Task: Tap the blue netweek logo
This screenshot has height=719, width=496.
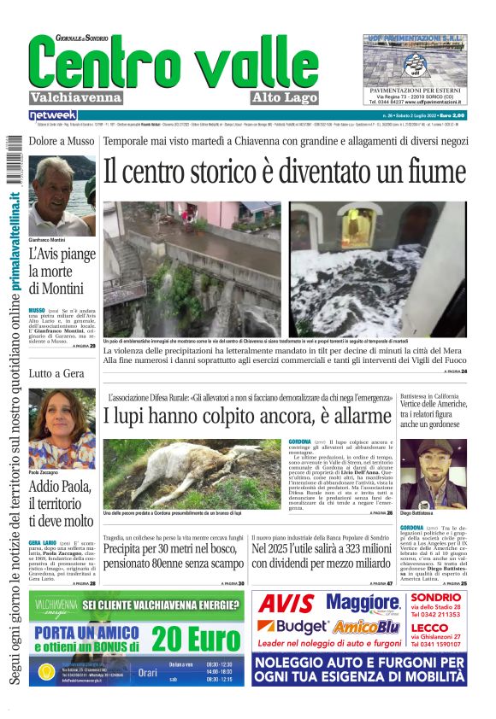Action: point(52,114)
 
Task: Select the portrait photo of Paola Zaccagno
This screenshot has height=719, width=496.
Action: point(62,427)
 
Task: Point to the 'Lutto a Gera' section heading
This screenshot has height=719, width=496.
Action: point(56,373)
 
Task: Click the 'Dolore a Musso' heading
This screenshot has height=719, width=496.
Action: point(61,141)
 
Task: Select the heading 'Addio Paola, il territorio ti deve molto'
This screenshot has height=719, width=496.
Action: point(62,503)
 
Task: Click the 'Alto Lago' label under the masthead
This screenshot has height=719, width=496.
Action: point(285,98)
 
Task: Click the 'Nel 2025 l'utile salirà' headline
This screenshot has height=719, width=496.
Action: point(321,556)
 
